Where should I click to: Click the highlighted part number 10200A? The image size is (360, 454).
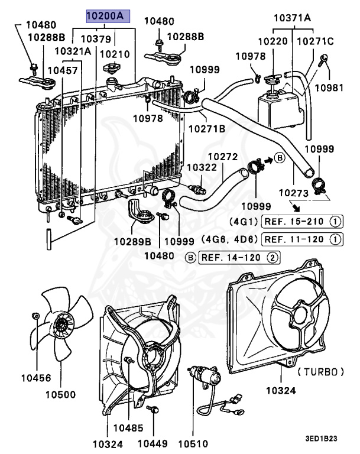[105, 17]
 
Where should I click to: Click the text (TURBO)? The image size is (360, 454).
[320, 372]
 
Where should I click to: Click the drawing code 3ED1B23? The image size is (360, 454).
[321, 439]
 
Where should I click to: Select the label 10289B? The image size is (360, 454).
[132, 242]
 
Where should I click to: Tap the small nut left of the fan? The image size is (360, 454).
[36, 316]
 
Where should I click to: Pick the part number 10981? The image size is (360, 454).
[328, 88]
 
